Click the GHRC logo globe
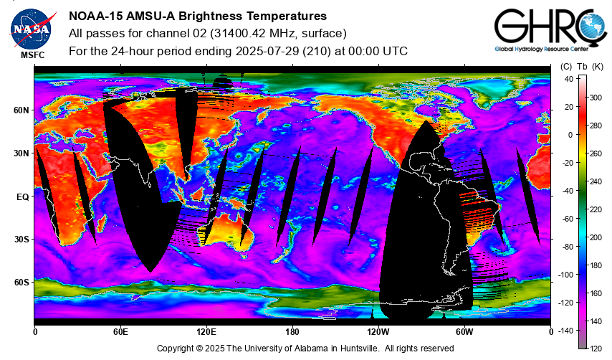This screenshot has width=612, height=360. click(593, 26)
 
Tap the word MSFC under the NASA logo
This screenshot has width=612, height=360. click(33, 55)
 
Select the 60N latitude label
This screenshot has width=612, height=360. click(21, 110)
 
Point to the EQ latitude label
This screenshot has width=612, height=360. click(23, 197)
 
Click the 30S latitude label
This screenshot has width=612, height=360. click(21, 240)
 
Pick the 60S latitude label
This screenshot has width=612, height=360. click(21, 283)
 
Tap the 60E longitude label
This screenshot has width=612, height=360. click(120, 332)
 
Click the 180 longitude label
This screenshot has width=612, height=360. click(292, 332)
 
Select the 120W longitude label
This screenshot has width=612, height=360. click(378, 332)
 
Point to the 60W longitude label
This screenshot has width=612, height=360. click(464, 332)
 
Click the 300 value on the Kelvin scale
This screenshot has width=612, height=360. click(596, 98)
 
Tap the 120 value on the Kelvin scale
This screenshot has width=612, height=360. click(596, 349)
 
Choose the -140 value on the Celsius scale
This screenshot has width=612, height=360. click(565, 331)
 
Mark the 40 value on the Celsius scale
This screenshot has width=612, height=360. click(569, 80)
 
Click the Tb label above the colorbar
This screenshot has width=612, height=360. click(582, 67)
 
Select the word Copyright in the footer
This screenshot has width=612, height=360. click(176, 349)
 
